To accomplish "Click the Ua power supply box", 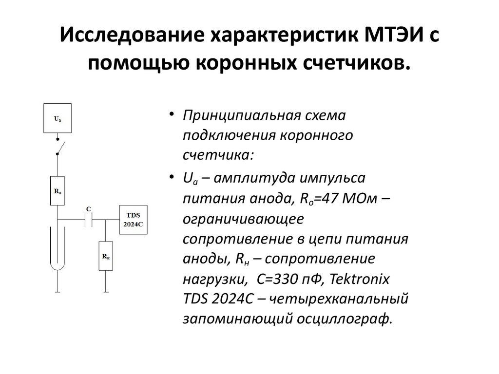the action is pos(58,118).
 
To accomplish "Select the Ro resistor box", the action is pos(58,190).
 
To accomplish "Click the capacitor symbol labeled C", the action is pos(89,220).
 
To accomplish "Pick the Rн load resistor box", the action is pos(105,256).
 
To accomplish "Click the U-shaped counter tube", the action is pos(57,248).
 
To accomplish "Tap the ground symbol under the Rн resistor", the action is pos(105,292).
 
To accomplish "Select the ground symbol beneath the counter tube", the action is pos(57,292).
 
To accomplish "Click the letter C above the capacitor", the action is pos(88,209).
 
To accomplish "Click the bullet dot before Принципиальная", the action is pos(173,114).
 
